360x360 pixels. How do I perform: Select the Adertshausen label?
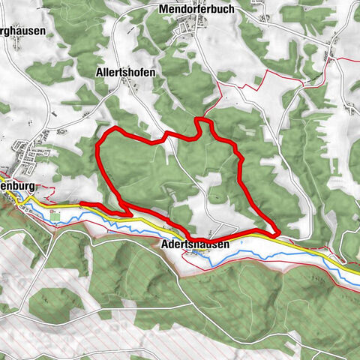click(193, 244)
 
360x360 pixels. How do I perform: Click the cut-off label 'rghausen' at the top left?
click(22, 31)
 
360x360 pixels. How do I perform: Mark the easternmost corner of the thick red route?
click(278, 232)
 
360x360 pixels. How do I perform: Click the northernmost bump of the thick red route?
click(200, 119)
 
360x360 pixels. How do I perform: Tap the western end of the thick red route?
click(81, 204)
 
